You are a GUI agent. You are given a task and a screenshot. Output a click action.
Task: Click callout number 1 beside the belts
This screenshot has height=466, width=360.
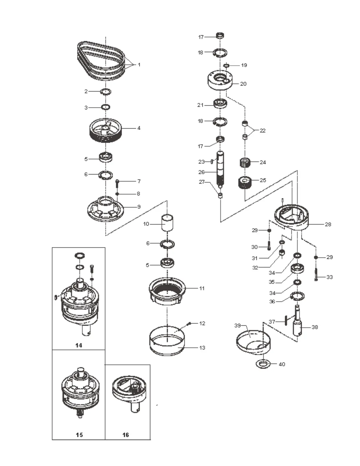[x=139, y=65]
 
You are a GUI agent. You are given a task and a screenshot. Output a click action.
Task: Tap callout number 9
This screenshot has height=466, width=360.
[x=139, y=207]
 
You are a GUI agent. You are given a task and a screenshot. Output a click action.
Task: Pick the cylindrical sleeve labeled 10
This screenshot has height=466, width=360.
[x=167, y=223]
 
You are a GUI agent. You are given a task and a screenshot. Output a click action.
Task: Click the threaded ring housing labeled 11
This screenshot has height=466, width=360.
[x=167, y=290]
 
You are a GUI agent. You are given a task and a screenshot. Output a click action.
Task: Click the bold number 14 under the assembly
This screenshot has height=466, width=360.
[x=79, y=345]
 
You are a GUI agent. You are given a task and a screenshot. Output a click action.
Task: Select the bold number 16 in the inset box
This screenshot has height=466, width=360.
[x=126, y=435]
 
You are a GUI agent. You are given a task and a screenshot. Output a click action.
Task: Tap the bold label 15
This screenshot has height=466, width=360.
[x=79, y=435]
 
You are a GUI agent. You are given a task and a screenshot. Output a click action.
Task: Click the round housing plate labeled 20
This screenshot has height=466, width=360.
[x=220, y=81]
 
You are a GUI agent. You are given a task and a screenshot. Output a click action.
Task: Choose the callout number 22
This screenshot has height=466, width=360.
[x=263, y=130]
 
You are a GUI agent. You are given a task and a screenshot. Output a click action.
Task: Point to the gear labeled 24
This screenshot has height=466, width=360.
[x=245, y=162]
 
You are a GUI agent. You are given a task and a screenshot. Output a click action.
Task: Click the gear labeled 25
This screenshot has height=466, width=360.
[x=245, y=183]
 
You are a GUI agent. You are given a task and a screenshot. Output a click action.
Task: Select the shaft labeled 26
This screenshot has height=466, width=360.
[x=221, y=169]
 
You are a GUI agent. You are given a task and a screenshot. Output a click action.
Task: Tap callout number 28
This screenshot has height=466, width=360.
[x=328, y=224]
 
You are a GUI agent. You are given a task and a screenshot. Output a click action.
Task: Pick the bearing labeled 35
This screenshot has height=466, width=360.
[x=297, y=269]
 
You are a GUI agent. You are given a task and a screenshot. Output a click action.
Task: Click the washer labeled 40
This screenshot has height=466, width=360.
[x=263, y=364]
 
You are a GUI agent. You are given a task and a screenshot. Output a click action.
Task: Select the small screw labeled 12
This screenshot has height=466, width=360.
[x=189, y=324]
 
